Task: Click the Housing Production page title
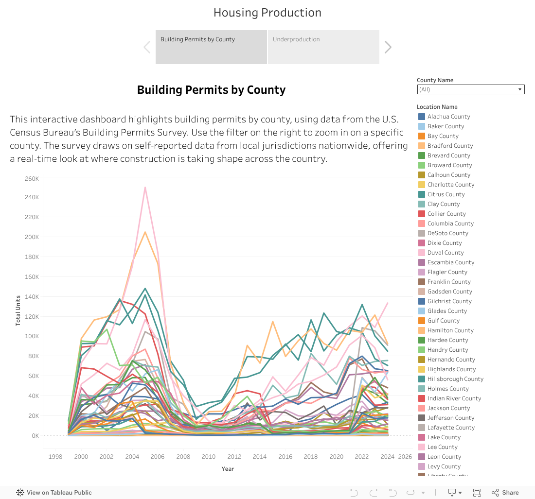pyautogui.click(x=267, y=13)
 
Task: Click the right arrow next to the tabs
pyautogui.click(x=388, y=47)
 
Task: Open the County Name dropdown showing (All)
pyautogui.click(x=470, y=89)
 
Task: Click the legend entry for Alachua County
pyautogui.click(x=448, y=117)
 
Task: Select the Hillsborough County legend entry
pyautogui.click(x=455, y=379)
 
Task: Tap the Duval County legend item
pyautogui.click(x=446, y=253)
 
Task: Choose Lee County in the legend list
pyautogui.click(x=442, y=447)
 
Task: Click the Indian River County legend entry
pyautogui.click(x=454, y=398)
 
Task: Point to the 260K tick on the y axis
pyautogui.click(x=32, y=178)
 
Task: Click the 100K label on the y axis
pyautogui.click(x=32, y=337)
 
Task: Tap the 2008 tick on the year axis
pyautogui.click(x=183, y=457)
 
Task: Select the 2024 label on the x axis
pyautogui.click(x=388, y=457)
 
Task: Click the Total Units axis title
pyautogui.click(x=18, y=310)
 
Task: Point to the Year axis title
pyautogui.click(x=228, y=469)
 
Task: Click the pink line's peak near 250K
pyautogui.click(x=145, y=187)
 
